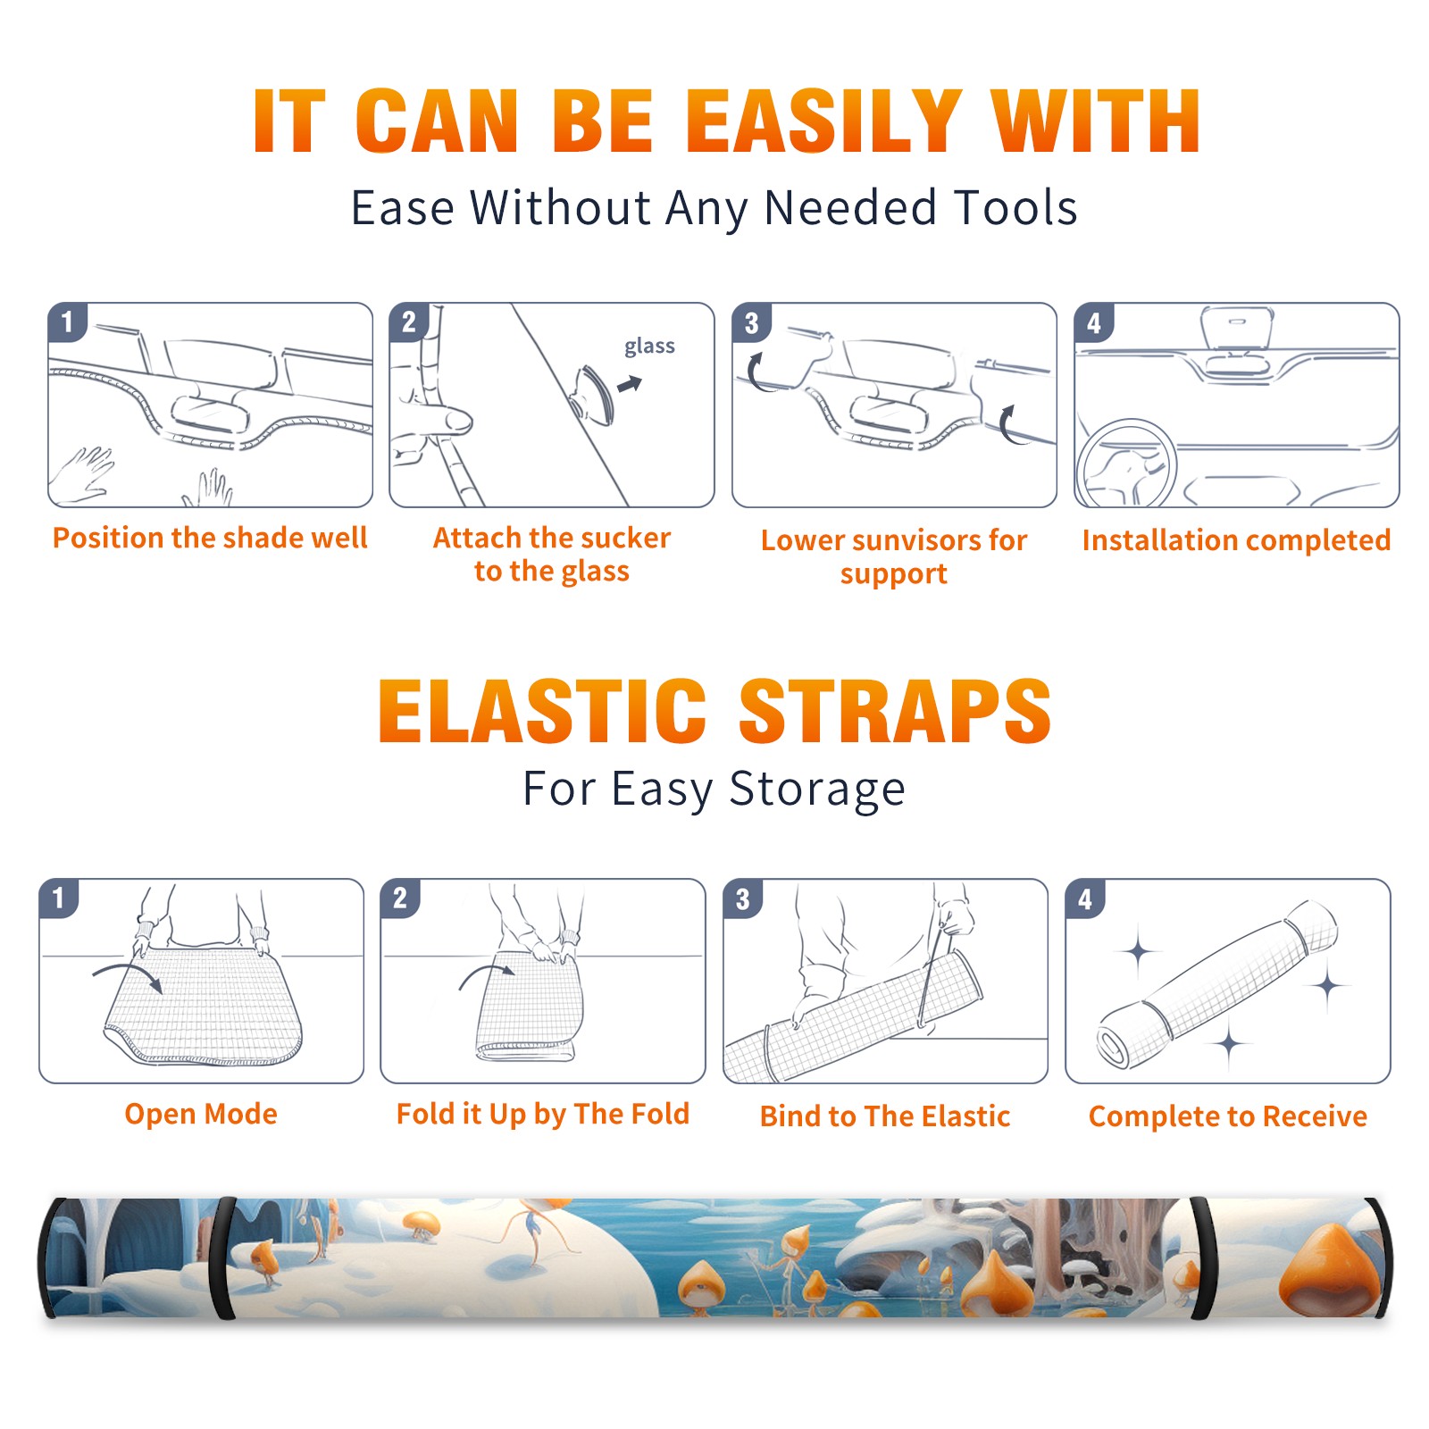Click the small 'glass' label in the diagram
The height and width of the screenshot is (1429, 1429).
tap(649, 346)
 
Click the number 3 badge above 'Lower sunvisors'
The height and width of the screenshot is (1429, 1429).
tap(751, 322)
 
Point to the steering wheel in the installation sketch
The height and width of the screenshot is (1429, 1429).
tap(1126, 464)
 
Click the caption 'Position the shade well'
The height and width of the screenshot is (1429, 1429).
tap(210, 538)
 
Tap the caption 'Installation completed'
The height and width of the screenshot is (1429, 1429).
tap(1236, 539)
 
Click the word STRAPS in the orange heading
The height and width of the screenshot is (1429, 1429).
tap(895, 711)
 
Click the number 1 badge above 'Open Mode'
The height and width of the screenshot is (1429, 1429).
tap(59, 898)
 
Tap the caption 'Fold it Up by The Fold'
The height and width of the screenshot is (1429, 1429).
tap(543, 1114)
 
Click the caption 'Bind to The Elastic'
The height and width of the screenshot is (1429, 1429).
tap(885, 1116)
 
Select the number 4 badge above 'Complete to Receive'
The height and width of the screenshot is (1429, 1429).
tap(1085, 898)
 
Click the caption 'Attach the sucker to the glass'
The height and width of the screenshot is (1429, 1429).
tap(552, 554)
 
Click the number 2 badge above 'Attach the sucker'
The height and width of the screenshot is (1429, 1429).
tap(409, 322)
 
